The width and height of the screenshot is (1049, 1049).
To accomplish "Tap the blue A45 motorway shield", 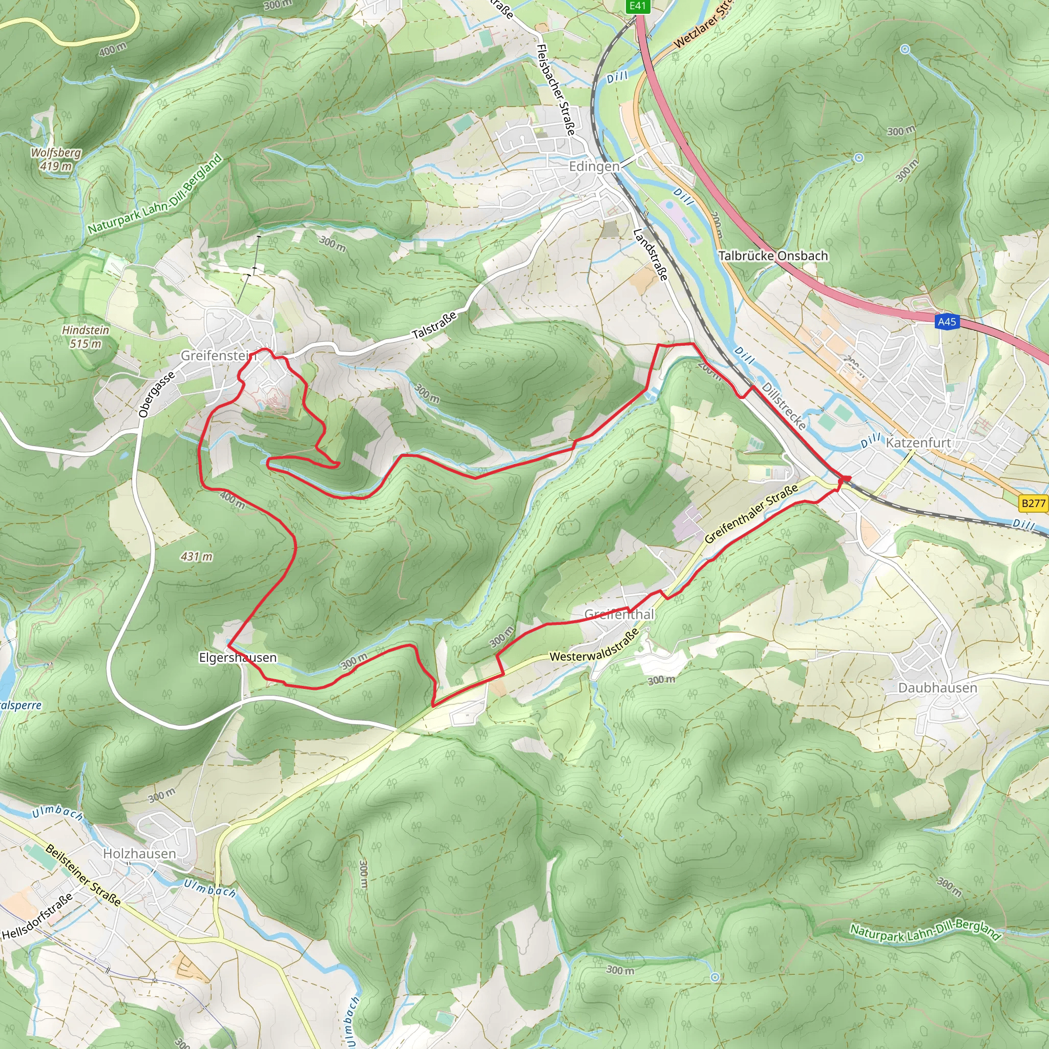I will pos(947,322).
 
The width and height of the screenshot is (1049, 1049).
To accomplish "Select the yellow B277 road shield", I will pos(1033,503).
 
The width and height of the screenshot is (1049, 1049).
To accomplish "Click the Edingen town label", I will pos(594,166).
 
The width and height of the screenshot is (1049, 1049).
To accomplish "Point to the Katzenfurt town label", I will pos(918,443).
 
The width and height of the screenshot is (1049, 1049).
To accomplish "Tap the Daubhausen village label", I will pos(938,687).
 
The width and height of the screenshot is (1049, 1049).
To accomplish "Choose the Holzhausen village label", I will pos(139,853).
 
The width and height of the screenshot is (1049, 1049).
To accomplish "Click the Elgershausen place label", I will pos(238,658).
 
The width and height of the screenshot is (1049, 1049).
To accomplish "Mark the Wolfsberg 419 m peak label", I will pos(56,159).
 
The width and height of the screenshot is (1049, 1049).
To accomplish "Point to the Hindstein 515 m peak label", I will pos(85,337).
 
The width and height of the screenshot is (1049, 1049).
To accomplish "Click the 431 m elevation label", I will pos(197,557).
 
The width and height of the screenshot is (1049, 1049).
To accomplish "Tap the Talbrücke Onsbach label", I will pos(773,256).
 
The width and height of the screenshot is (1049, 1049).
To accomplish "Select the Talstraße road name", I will pos(434,325).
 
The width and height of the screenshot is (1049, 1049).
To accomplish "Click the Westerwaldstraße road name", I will pos(595,647).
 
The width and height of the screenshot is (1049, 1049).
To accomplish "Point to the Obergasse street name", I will pos(156,394).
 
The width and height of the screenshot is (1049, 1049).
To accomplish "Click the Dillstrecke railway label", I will pos(784,406).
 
